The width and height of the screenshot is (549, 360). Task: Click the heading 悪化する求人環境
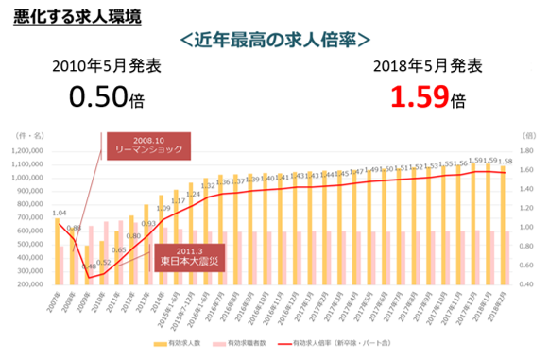(74, 15)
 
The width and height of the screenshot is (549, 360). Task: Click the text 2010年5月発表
(107, 66)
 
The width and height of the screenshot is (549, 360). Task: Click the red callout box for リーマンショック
(151, 146)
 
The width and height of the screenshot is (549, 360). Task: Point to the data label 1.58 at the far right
(507, 162)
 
